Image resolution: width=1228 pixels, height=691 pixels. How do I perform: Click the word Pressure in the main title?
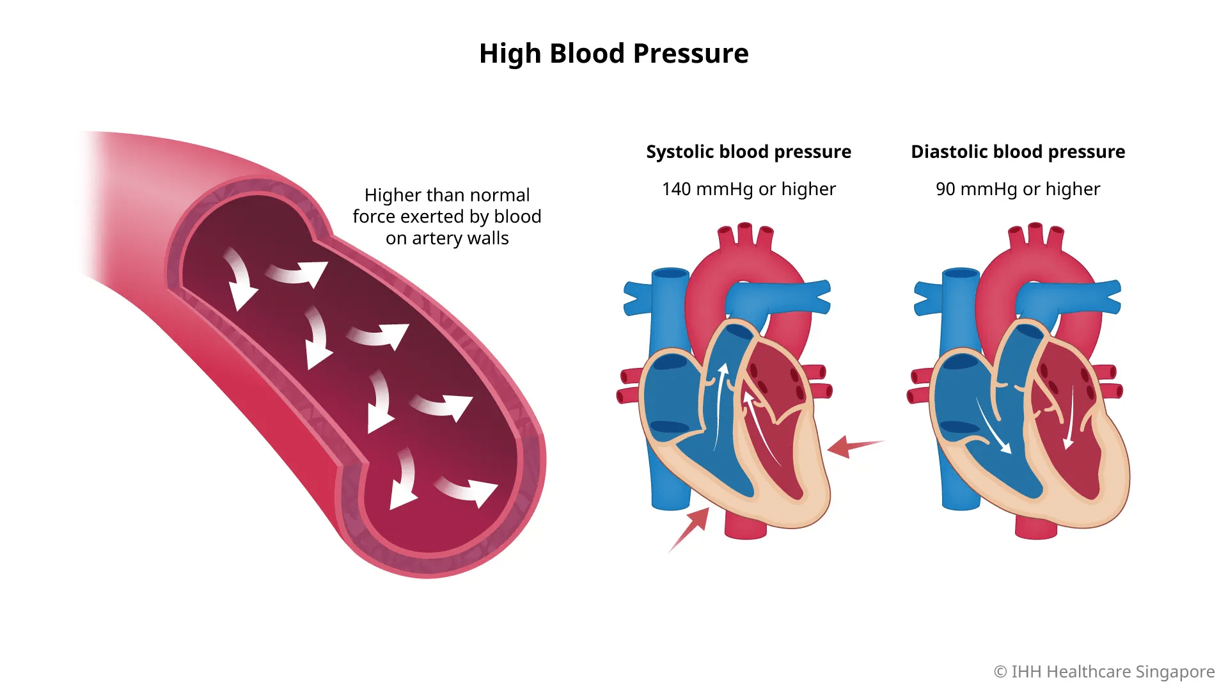690,54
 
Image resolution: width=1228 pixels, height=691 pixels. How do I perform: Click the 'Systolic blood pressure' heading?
748,152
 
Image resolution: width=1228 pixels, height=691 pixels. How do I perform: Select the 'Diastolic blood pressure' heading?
1018,152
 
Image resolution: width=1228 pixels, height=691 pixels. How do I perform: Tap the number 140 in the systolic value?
676,189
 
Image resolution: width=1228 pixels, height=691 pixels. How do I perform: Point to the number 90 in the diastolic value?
945,189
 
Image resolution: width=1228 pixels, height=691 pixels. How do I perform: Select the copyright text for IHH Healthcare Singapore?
1104,672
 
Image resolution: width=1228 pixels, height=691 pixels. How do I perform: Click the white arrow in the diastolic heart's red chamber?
1069,419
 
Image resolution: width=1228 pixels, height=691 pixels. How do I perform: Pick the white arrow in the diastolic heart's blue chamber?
993,426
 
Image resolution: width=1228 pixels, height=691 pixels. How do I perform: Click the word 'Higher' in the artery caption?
391,195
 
